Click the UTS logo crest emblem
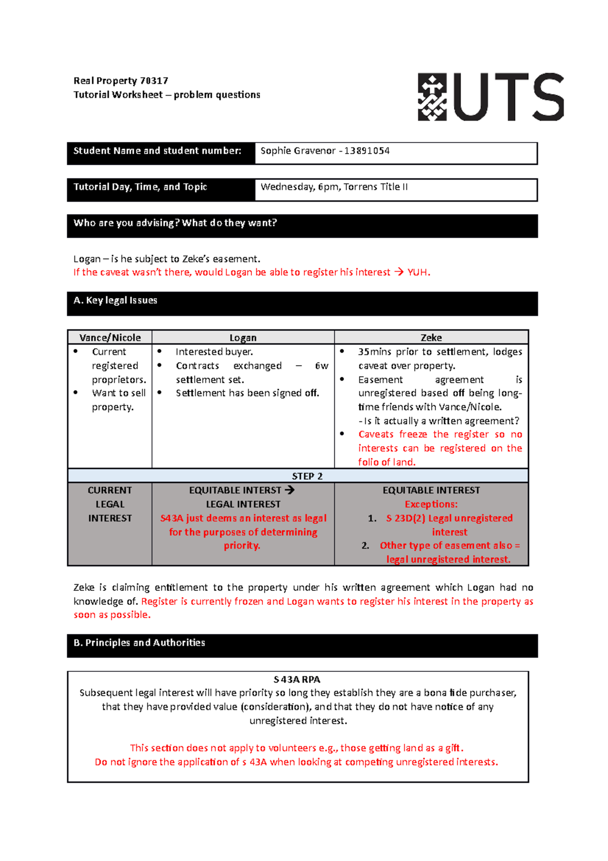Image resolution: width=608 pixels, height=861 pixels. [432, 97]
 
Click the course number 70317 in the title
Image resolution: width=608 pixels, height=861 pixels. [154, 81]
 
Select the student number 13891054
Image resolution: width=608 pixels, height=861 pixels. [367, 151]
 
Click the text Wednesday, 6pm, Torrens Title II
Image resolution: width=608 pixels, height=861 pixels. [334, 187]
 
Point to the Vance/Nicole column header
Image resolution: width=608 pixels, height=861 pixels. [110, 338]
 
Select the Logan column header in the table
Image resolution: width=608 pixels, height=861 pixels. [243, 338]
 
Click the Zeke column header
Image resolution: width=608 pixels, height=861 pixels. [431, 338]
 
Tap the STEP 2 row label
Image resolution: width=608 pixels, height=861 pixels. [307, 476]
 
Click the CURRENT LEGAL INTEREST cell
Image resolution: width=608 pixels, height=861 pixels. [110, 504]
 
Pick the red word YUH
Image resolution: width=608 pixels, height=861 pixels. [418, 272]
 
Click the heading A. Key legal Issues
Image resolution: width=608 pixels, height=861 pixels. [116, 300]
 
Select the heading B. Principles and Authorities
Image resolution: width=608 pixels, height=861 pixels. [139, 643]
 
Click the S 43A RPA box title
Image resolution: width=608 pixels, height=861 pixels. [297, 679]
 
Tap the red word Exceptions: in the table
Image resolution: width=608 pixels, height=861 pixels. [431, 505]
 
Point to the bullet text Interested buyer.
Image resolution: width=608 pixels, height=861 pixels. [214, 352]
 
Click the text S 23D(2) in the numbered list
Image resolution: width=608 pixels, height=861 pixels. [405, 518]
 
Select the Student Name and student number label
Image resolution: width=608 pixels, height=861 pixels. [157, 151]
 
